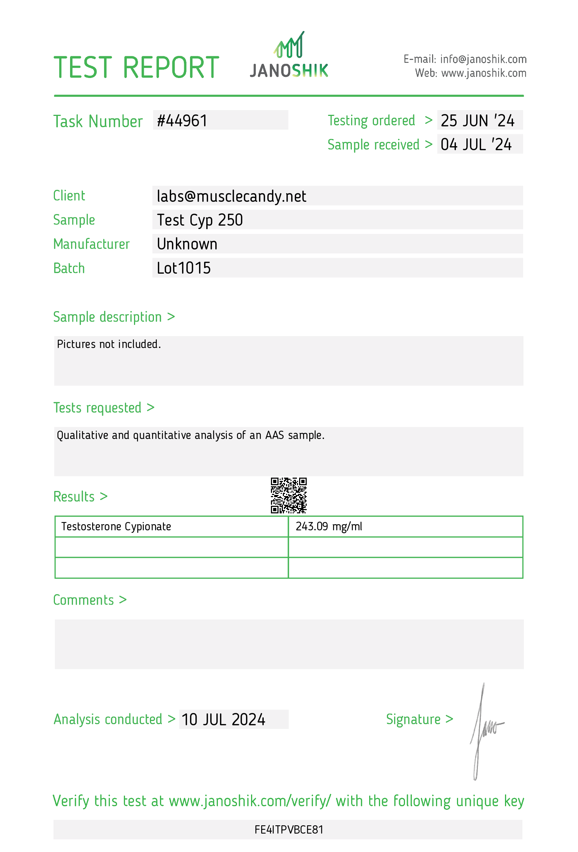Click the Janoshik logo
click(289, 55)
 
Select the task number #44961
click(182, 121)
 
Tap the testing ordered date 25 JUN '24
click(477, 121)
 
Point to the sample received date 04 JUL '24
click(476, 144)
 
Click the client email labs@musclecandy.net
click(231, 196)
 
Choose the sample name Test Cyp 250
click(200, 220)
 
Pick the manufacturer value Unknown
click(187, 244)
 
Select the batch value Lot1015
click(184, 268)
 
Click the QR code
click(289, 495)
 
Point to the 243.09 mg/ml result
click(329, 526)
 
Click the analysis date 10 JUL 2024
click(223, 720)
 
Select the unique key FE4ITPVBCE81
click(289, 830)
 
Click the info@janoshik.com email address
click(483, 59)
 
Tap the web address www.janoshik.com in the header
click(483, 73)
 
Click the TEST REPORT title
click(137, 68)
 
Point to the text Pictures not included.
click(109, 344)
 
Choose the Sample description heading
click(107, 317)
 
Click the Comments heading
click(83, 600)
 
